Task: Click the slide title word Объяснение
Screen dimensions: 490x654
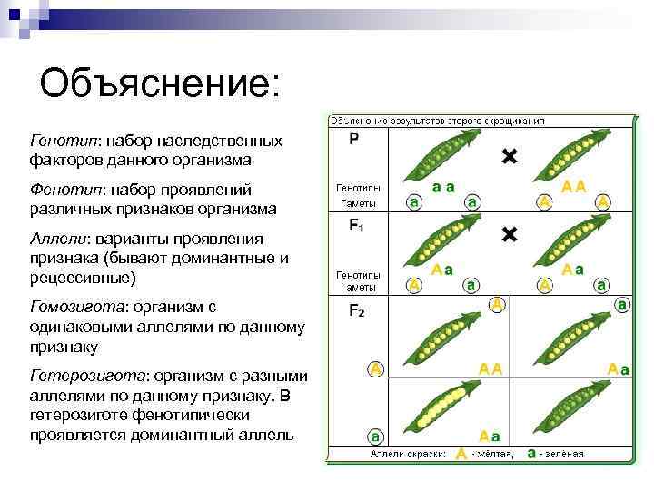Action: (160, 84)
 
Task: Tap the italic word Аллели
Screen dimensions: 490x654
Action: (59, 239)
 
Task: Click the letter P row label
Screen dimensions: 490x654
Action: (353, 139)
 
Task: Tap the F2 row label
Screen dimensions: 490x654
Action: (357, 310)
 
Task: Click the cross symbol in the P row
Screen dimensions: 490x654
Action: (510, 157)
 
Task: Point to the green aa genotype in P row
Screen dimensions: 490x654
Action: (443, 188)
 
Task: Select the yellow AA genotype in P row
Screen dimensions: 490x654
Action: (573, 187)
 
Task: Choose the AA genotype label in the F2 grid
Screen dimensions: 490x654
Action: (490, 368)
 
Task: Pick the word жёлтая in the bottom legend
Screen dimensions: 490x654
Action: (496, 453)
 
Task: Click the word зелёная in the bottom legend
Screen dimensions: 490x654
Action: (564, 453)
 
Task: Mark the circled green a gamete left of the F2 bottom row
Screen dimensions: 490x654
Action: (374, 435)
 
